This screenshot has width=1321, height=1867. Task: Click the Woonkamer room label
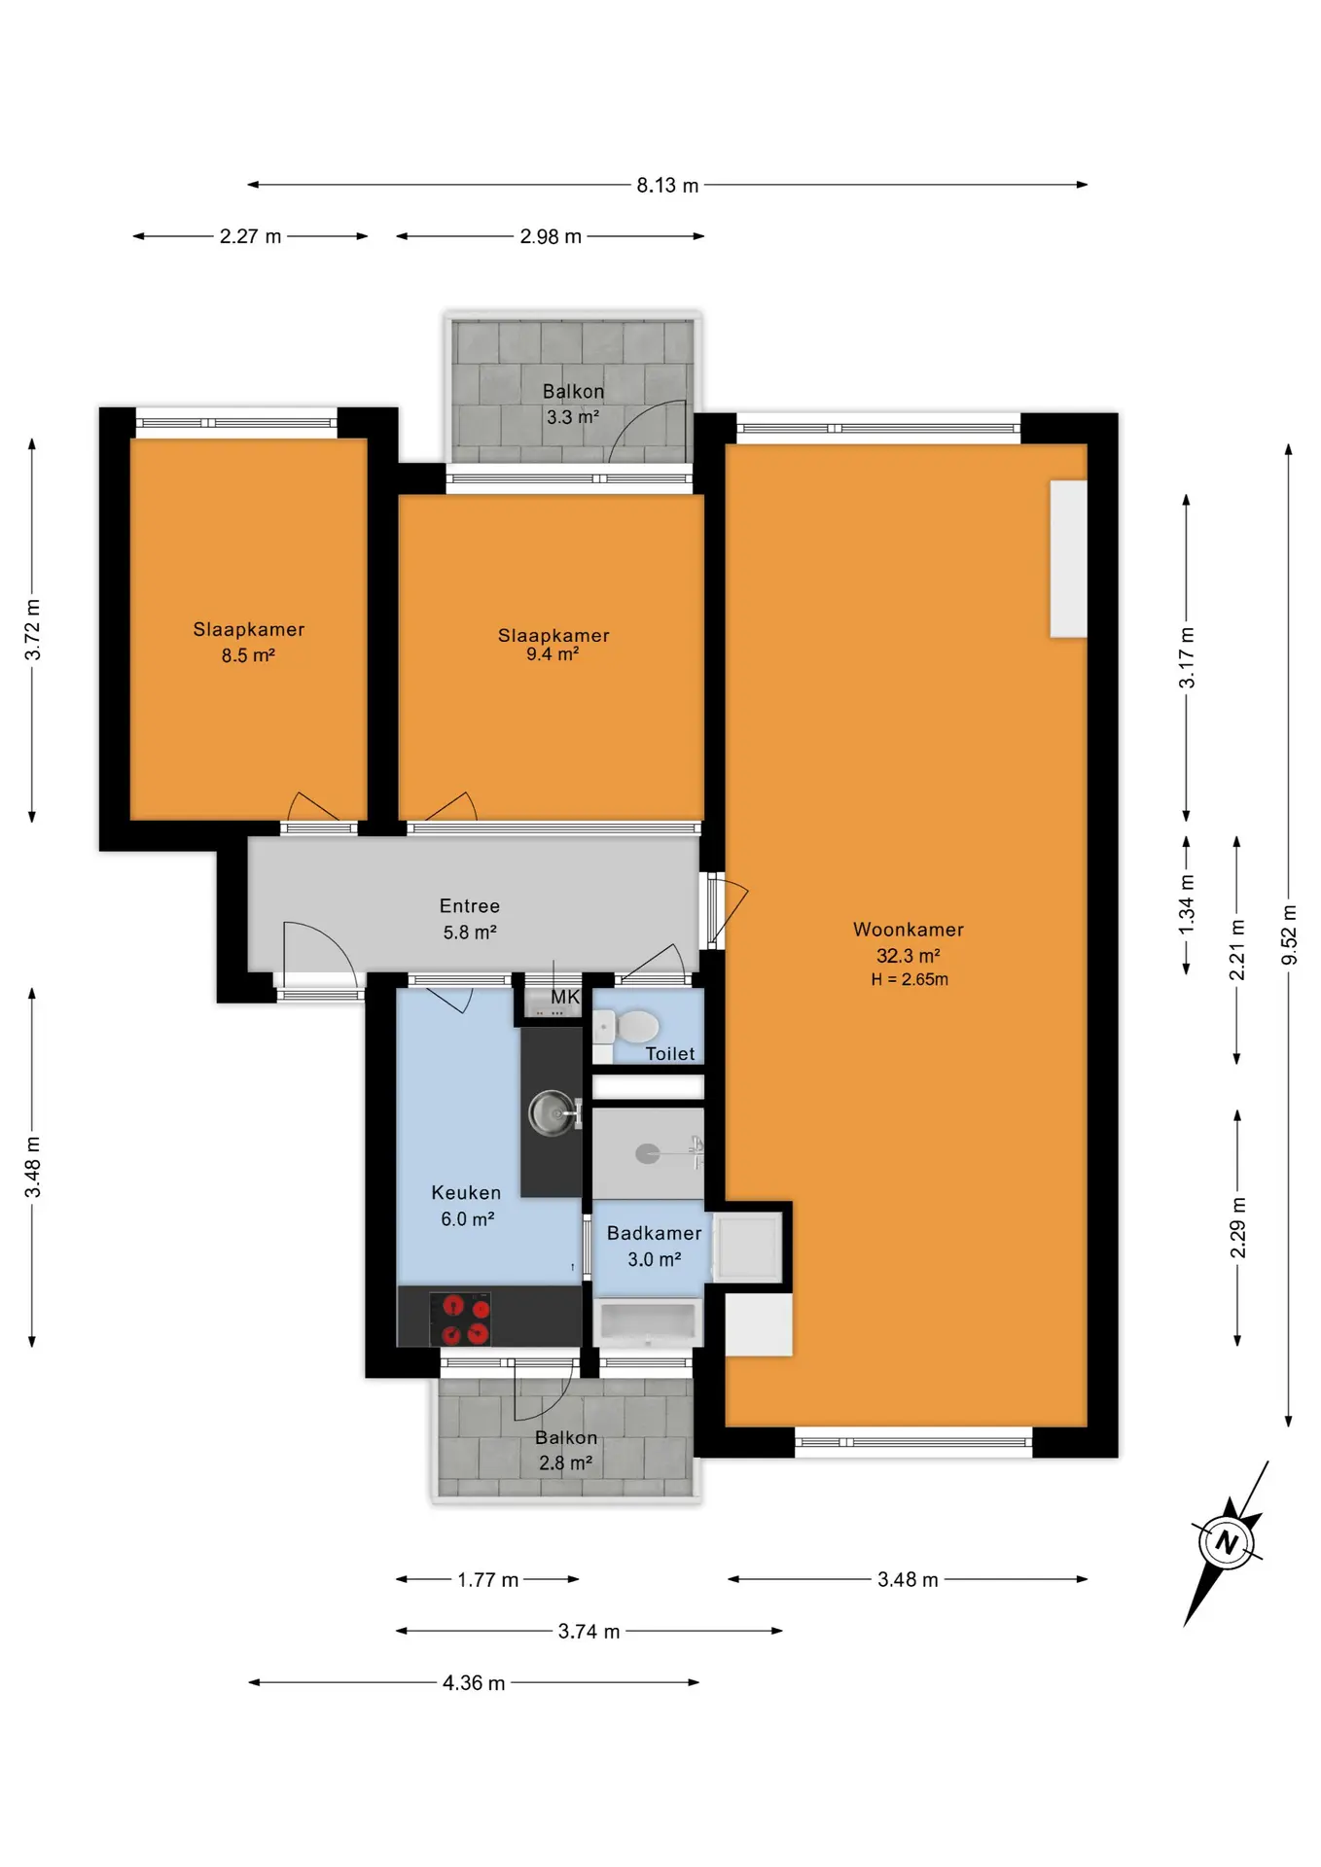click(909, 930)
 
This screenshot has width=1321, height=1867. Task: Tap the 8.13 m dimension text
click(667, 185)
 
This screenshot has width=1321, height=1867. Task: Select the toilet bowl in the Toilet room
click(627, 1027)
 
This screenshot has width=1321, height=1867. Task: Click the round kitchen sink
click(552, 1112)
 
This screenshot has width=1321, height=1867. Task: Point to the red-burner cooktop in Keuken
click(460, 1319)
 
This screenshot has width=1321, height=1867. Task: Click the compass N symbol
click(1227, 1542)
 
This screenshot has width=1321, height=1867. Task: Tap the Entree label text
click(470, 906)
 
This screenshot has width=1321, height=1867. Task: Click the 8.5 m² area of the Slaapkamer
click(248, 655)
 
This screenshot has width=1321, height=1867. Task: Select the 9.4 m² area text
click(553, 654)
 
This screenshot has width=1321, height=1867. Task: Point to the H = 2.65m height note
click(910, 979)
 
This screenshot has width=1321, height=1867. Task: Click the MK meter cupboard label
click(565, 997)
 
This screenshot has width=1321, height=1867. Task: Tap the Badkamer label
click(654, 1233)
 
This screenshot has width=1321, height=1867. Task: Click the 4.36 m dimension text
click(474, 1683)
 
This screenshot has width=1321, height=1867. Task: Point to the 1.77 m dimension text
click(487, 1580)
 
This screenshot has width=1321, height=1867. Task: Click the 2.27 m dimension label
click(250, 236)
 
